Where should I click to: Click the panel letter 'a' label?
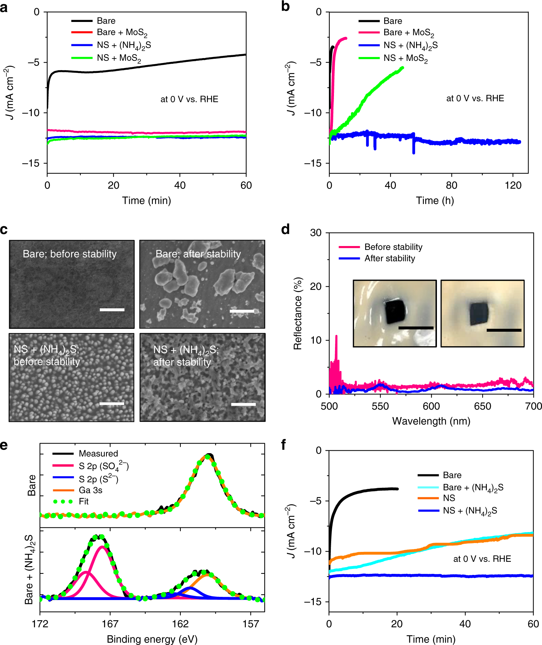[x=4, y=7]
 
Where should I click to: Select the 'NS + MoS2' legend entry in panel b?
[x=393, y=58]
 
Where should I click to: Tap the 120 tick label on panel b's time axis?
[x=513, y=185]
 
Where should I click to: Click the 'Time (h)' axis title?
[x=435, y=201]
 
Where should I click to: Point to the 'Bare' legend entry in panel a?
[x=93, y=21]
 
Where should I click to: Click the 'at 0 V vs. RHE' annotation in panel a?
[x=189, y=99]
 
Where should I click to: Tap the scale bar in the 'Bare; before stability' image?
[x=112, y=310]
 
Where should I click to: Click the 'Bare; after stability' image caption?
[x=198, y=254]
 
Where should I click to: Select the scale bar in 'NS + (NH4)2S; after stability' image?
[x=243, y=404]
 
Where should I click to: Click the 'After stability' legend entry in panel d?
[x=377, y=258]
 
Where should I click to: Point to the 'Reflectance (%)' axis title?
[x=298, y=314]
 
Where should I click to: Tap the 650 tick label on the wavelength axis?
[x=483, y=406]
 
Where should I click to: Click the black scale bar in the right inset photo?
[x=504, y=330]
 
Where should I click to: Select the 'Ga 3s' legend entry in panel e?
[x=77, y=490]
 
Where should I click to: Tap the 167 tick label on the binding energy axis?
[x=110, y=624]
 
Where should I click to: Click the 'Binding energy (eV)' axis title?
[x=152, y=639]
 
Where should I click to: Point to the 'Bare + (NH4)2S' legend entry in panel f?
[x=461, y=487]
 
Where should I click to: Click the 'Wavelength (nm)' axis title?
[x=431, y=421]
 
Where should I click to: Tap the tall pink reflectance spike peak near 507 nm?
[x=336, y=336]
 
